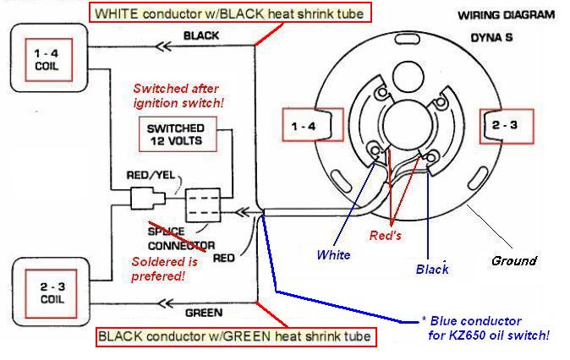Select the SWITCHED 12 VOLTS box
pyautogui.click(x=175, y=134)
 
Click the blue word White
pyautogui.click(x=333, y=254)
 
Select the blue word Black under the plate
pyautogui.click(x=432, y=270)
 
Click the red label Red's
pyautogui.click(x=386, y=236)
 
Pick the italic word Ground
pyautogui.click(x=513, y=260)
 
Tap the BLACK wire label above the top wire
pyautogui.click(x=201, y=35)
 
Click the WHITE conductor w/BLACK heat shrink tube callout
pyautogui.click(x=207, y=14)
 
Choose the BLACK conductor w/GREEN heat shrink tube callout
pyautogui.click(x=234, y=336)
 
